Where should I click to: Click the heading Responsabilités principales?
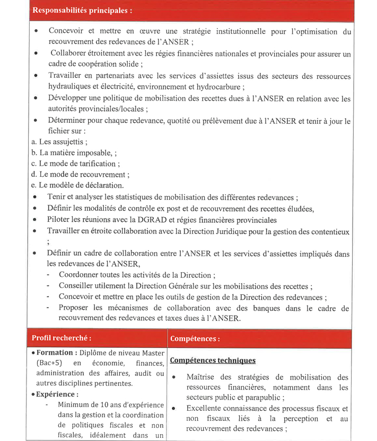82,10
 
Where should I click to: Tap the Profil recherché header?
61,338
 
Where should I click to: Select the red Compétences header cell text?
195,338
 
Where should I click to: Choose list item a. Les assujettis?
59,142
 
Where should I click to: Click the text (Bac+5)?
49,364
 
